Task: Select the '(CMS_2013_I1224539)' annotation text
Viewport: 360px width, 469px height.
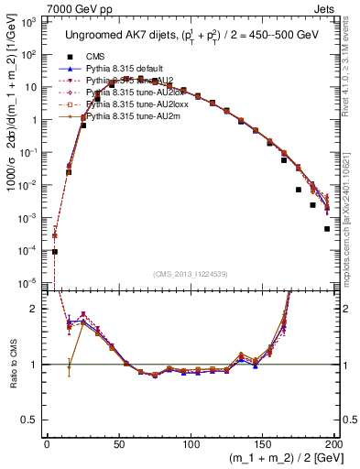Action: point(192,274)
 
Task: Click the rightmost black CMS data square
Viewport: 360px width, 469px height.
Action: point(327,229)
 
